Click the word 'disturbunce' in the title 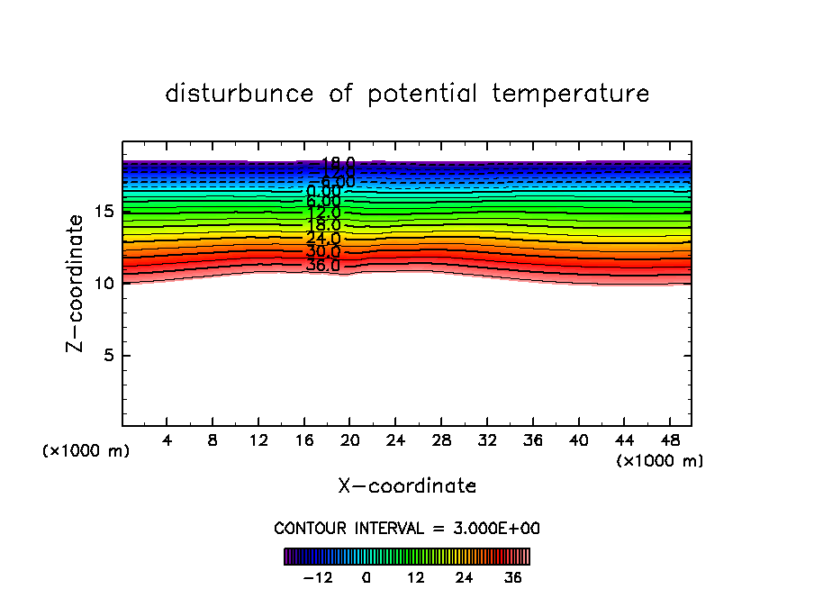240,94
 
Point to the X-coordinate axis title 407,485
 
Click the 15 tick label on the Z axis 103,212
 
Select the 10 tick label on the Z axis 103,283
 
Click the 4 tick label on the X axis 167,441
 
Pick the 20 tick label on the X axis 350,441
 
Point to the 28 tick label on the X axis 441,441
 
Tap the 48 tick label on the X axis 669,441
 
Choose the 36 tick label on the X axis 532,441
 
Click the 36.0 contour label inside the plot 323,266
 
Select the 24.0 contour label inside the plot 323,239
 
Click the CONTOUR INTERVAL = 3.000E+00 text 407,528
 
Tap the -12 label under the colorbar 317,576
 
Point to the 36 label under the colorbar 512,576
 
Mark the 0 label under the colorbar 366,576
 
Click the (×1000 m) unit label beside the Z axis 86,451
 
